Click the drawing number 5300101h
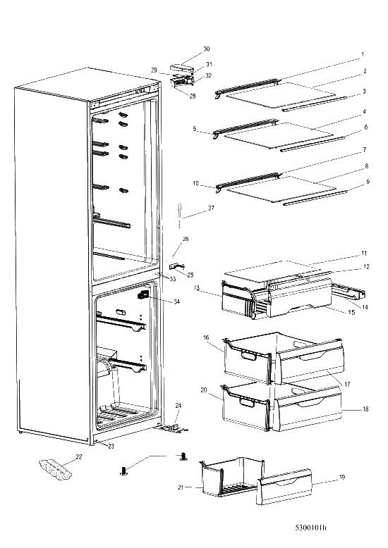point(310,528)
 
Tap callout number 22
point(79,456)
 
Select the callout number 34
point(177,301)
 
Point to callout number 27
point(211,208)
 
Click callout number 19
point(342,477)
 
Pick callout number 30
point(207,49)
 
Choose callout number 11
point(364,253)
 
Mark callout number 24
point(178,406)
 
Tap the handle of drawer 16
point(248,356)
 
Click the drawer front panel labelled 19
point(284,487)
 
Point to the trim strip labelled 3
point(314,104)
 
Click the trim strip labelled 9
point(315,198)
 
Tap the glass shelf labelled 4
point(279,136)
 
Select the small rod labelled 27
point(180,215)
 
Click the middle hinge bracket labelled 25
point(177,266)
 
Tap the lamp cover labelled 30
point(181,66)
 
